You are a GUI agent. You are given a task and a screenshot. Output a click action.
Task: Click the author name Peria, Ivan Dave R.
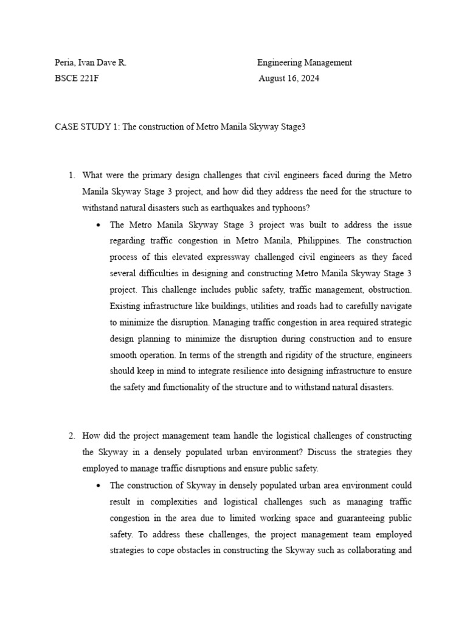tap(90, 62)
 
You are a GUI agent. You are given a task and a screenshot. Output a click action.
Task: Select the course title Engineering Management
tap(304, 62)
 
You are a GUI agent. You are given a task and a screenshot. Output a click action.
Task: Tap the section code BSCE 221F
tap(77, 78)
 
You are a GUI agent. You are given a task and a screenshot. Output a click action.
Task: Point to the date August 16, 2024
tap(289, 78)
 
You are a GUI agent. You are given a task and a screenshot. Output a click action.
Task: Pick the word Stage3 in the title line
tap(291, 127)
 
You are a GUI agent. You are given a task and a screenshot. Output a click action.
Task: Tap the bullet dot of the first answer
tap(99, 224)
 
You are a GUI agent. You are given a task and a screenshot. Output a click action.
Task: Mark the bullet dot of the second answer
tap(99, 486)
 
